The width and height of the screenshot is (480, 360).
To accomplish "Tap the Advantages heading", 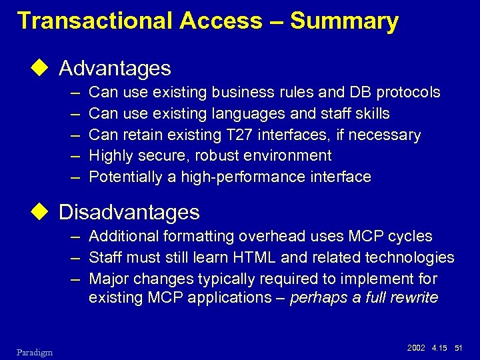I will [115, 68].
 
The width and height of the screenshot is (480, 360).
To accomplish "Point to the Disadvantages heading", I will [129, 212].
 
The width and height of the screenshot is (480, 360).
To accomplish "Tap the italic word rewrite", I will [415, 298].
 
